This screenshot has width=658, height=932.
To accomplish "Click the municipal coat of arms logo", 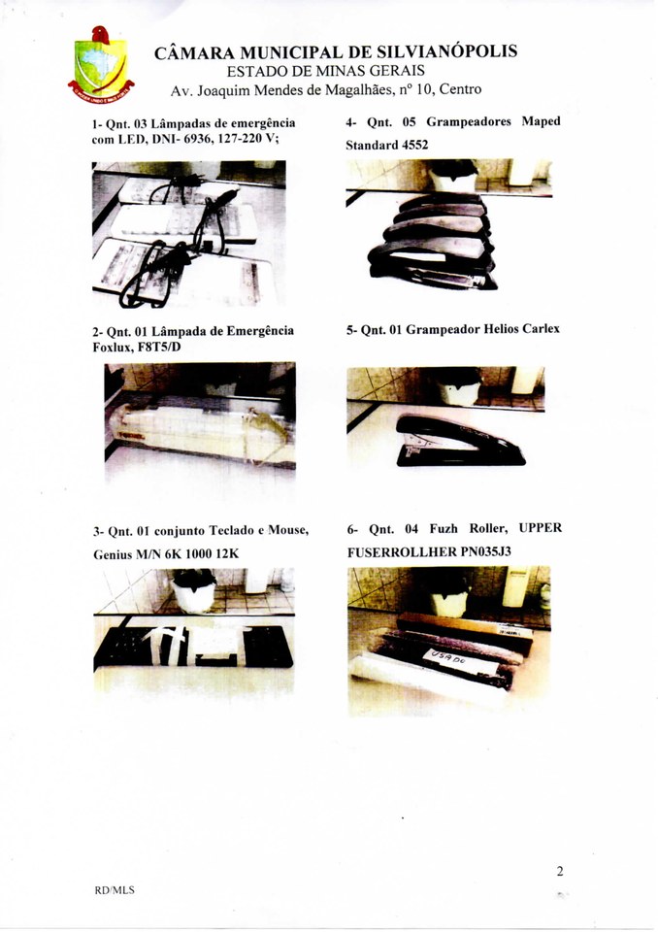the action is [101, 64].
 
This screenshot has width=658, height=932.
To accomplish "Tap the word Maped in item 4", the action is [541, 121].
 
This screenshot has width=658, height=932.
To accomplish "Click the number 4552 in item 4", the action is [415, 145].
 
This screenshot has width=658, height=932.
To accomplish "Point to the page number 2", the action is [560, 872].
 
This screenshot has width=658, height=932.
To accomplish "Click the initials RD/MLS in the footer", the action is [115, 890].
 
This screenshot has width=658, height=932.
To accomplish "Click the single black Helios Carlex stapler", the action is [459, 441].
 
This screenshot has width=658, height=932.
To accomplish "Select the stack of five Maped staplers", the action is [433, 242].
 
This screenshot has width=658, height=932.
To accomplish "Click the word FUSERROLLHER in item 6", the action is [401, 552].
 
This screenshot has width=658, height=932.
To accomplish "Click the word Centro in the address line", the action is [460, 89].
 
